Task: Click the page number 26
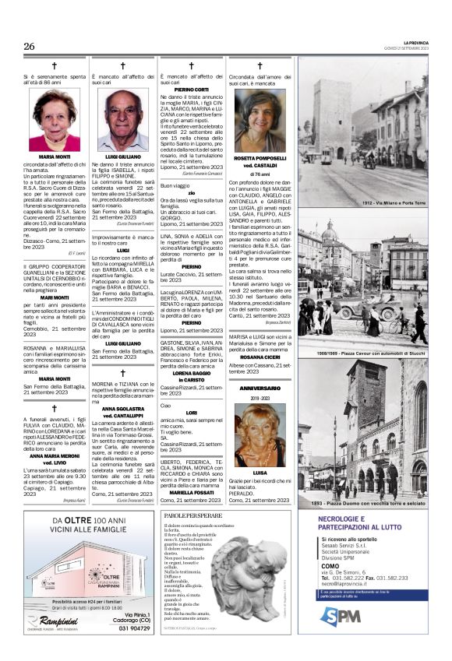30,47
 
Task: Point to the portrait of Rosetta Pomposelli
260,121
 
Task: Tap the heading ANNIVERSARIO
260,389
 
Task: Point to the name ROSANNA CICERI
260,357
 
